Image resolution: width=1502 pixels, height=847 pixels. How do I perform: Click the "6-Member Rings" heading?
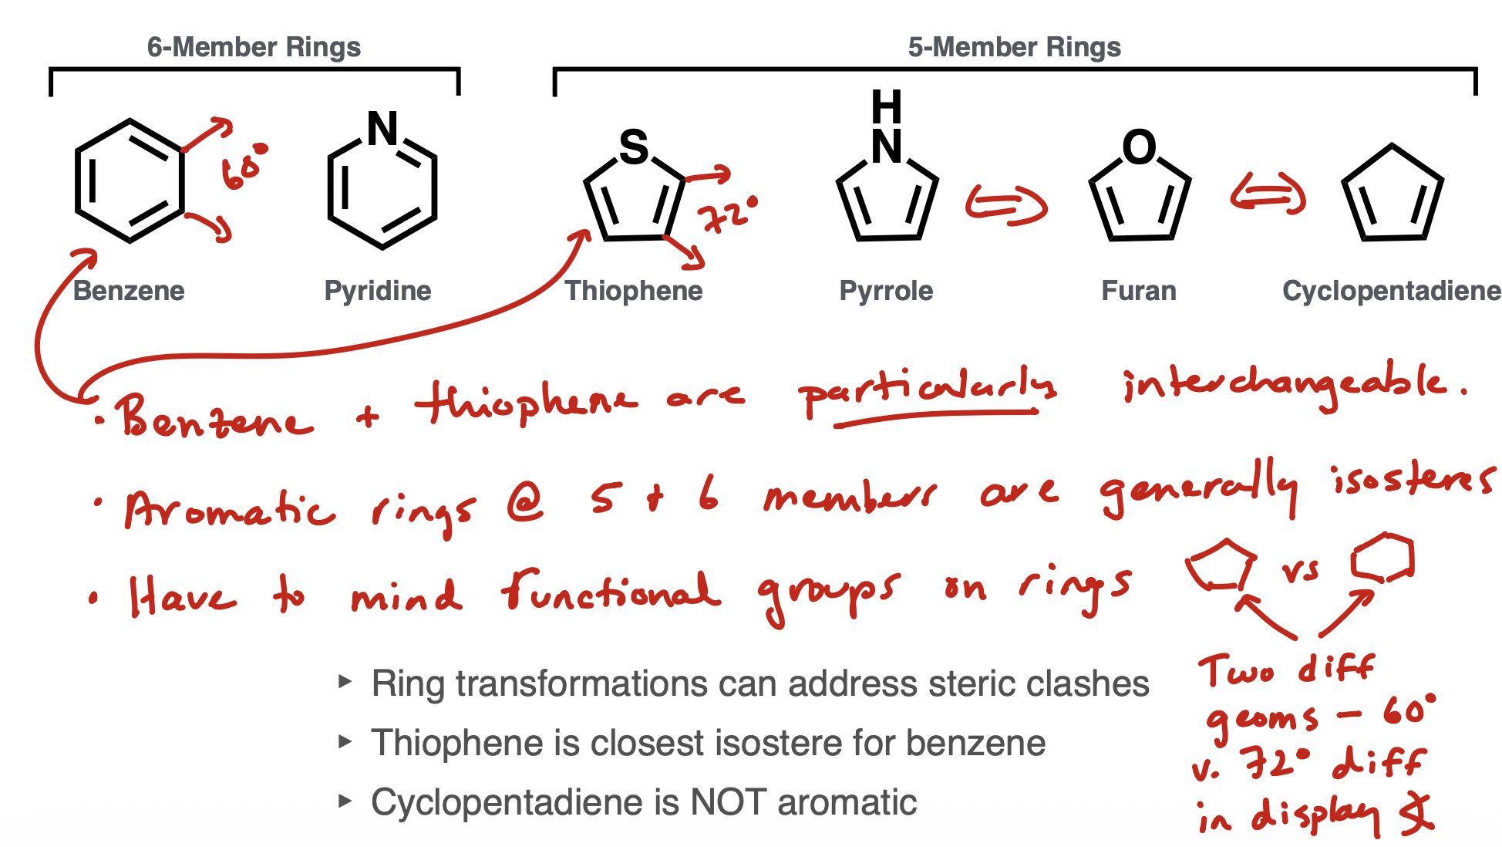tap(254, 47)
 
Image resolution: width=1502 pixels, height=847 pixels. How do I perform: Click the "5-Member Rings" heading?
tap(1014, 47)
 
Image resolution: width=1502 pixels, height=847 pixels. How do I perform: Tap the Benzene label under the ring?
tap(129, 291)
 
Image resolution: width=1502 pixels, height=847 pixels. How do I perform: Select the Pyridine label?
tap(378, 291)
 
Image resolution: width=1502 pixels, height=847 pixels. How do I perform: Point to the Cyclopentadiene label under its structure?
tap(1391, 291)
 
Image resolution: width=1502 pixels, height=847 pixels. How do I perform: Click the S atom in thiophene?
tap(634, 147)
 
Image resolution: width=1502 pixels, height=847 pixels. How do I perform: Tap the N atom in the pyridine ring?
tap(382, 129)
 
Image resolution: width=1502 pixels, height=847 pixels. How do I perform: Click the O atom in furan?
tap(1139, 147)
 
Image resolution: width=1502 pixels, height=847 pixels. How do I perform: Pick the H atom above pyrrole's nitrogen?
tap(886, 106)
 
